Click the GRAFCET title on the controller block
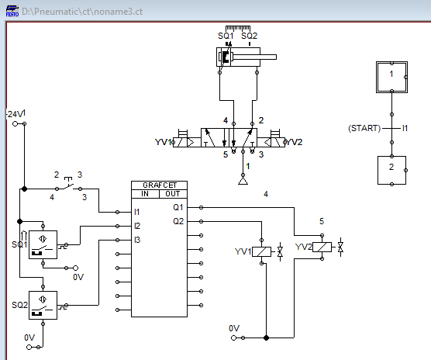tap(159, 185)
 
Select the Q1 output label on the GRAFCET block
tap(178, 207)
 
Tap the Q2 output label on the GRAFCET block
tap(178, 221)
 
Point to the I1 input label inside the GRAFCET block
tap(138, 211)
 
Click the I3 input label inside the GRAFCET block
tap(138, 240)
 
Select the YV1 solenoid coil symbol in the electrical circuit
tap(263, 251)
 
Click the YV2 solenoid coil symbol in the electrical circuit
tap(323, 247)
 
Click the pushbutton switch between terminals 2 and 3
tap(69, 186)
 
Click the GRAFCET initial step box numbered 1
tap(391, 74)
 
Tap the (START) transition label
tap(364, 127)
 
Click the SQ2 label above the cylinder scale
tap(249, 35)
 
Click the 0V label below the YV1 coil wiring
tap(234, 328)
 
